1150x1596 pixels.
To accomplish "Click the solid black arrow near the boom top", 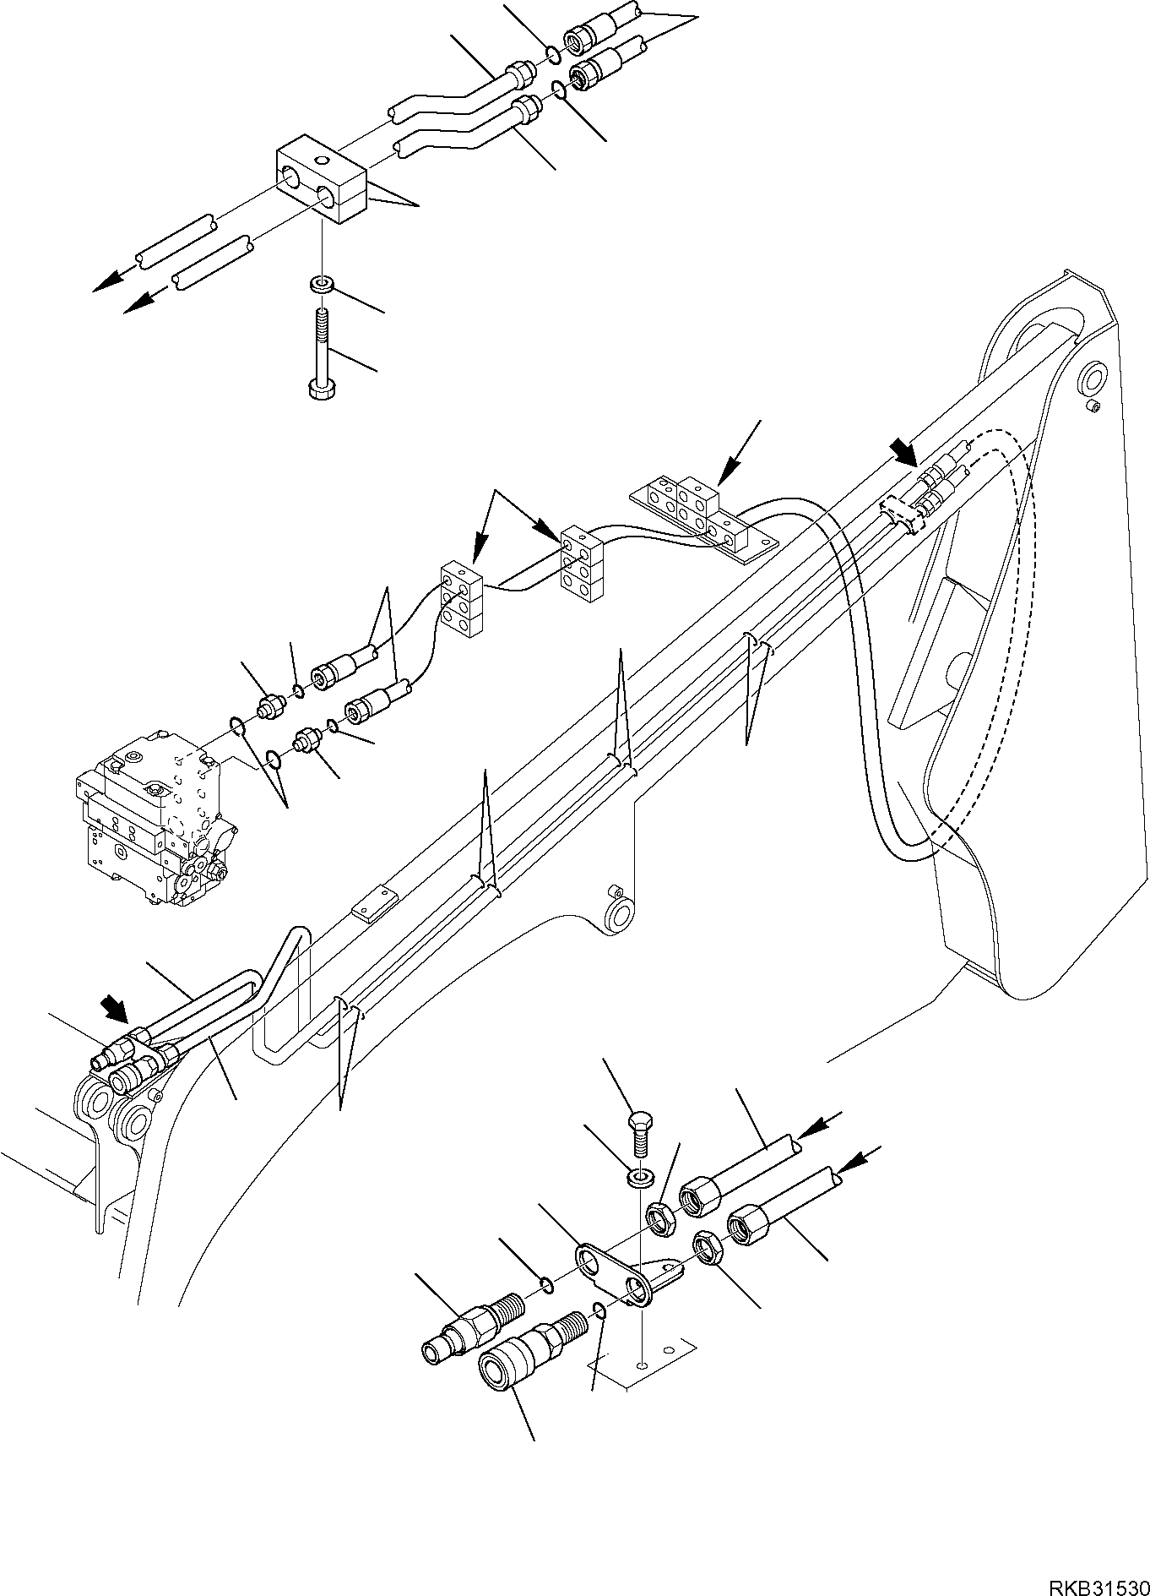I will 905,453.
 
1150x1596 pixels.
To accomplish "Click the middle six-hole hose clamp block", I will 582,564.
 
